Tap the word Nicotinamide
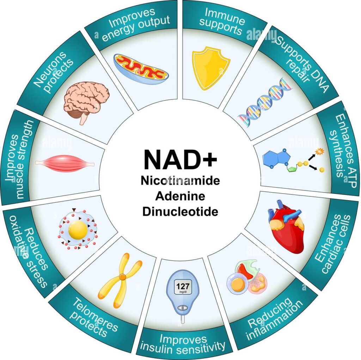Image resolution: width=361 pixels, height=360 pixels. click(180, 181)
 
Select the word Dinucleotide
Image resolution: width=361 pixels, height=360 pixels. click(180, 212)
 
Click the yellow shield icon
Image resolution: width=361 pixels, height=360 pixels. click(210, 68)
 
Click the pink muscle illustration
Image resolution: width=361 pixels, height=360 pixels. click(65, 163)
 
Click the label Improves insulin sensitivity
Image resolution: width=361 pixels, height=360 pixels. click(183, 343)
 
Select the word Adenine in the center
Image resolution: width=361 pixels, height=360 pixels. click(180, 196)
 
